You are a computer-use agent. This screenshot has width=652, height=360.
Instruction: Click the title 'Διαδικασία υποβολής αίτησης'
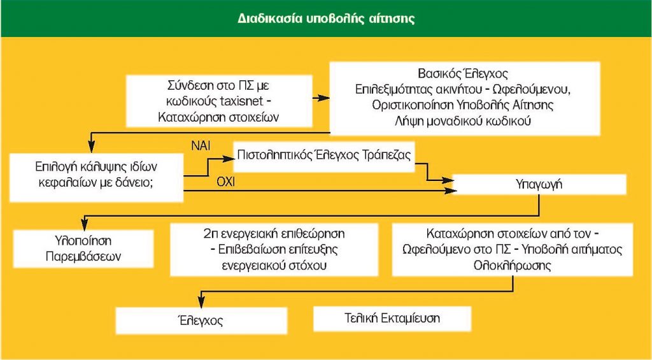click(326, 19)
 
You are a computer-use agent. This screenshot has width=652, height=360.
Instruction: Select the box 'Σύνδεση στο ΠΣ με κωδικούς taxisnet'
click(219, 101)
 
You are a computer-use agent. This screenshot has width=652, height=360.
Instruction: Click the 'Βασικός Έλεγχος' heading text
click(463, 74)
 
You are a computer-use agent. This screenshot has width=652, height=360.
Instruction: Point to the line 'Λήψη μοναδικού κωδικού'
click(463, 121)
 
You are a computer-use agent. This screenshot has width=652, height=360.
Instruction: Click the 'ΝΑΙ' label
click(201, 146)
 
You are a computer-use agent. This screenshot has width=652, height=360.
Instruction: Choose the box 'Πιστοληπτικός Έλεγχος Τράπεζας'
click(324, 157)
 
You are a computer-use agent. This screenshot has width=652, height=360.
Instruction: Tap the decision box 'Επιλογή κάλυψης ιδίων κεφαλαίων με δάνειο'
click(96, 178)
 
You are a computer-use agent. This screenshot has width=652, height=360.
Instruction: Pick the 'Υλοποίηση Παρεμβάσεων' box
click(83, 249)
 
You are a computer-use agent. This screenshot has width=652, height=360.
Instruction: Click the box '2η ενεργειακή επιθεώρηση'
click(274, 249)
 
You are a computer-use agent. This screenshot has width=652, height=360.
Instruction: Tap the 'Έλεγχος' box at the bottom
click(201, 320)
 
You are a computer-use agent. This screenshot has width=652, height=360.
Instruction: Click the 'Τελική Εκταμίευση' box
click(392, 319)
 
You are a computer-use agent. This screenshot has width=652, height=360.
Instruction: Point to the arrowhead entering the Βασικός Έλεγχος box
click(324, 97)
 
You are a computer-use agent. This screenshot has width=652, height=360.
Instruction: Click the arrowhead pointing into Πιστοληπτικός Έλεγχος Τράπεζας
click(228, 159)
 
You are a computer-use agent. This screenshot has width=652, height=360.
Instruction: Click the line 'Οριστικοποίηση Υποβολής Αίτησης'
click(464, 105)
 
